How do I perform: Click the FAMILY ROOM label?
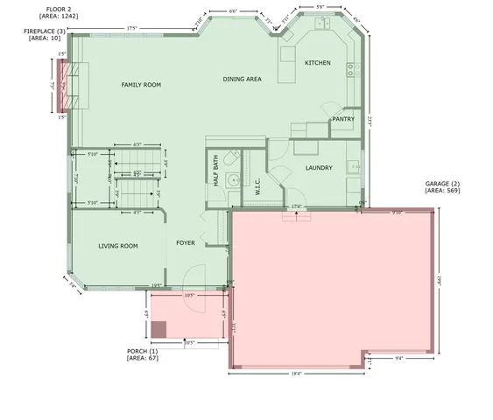click(141, 84)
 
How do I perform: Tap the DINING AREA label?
click(242, 80)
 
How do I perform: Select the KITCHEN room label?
click(317, 63)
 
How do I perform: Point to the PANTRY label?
click(342, 119)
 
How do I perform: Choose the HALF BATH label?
click(215, 169)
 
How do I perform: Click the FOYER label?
click(185, 242)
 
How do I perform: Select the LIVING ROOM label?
click(118, 246)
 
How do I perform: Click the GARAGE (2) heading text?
click(442, 183)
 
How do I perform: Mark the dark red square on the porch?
click(158, 329)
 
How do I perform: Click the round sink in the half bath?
click(232, 180)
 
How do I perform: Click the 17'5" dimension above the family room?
click(132, 28)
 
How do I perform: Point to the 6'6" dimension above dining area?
click(233, 11)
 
